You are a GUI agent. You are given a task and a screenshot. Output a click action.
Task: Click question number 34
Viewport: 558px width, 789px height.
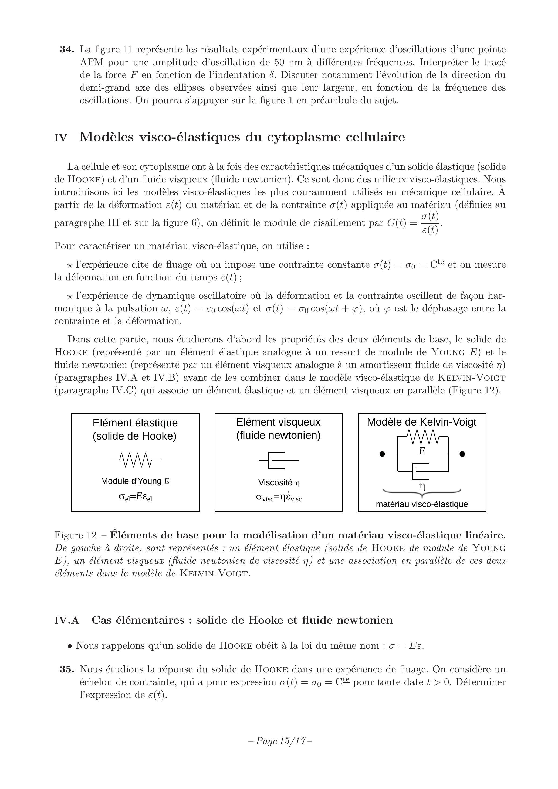[x=67, y=49]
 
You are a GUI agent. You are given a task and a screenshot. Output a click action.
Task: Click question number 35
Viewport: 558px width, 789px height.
[x=67, y=669]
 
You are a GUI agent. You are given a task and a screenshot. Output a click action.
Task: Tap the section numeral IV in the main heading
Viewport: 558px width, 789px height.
[x=60, y=138]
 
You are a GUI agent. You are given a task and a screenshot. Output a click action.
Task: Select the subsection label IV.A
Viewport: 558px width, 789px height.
[x=67, y=620]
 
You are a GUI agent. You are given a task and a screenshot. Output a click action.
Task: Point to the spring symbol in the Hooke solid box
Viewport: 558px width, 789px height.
[x=136, y=460]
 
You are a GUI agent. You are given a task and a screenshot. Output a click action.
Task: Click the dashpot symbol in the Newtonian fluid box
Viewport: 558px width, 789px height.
[x=279, y=460]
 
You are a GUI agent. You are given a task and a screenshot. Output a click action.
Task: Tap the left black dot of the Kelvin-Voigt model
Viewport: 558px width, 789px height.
[x=382, y=454]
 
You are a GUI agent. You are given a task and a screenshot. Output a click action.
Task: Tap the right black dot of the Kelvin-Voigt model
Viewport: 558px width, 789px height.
[x=462, y=454]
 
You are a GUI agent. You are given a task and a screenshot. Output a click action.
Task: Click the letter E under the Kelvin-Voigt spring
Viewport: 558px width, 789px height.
[x=422, y=451]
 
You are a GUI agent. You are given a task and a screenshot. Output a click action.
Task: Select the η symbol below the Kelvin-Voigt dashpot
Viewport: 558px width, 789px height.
[x=422, y=486]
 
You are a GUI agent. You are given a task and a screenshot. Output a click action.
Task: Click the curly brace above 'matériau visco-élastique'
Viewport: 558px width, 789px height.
[x=422, y=494]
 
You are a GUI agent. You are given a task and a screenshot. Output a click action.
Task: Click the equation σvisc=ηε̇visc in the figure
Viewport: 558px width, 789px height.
[x=279, y=497]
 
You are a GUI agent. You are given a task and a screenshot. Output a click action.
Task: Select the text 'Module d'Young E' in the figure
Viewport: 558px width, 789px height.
[x=135, y=481]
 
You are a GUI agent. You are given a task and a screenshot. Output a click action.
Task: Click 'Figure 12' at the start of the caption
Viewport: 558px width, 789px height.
[x=75, y=535]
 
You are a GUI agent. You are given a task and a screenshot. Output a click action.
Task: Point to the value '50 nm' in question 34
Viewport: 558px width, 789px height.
[x=287, y=63]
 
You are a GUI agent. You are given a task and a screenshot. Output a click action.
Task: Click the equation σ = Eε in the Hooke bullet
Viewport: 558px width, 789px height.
[x=406, y=646]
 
